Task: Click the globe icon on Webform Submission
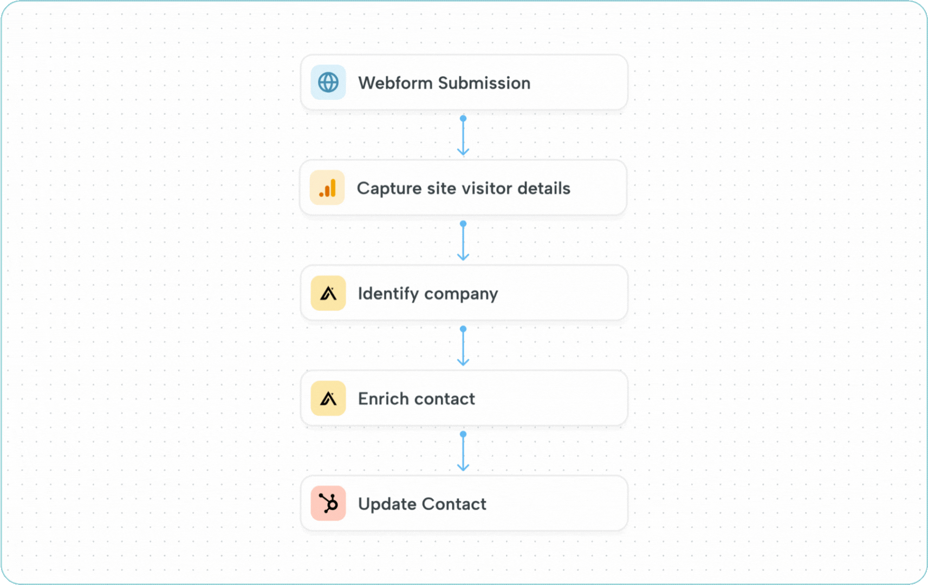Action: pos(328,82)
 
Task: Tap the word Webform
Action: pos(395,83)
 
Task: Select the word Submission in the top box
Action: pos(484,83)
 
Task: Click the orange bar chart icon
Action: pos(327,188)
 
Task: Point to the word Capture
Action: pos(389,188)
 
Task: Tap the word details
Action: pos(543,188)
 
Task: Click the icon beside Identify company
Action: pos(328,293)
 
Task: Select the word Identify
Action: pos(388,294)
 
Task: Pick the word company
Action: pos(461,294)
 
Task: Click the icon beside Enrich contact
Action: pos(328,399)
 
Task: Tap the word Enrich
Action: pos(384,399)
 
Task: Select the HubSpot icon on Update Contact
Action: pos(328,503)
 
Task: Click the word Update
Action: pos(387,504)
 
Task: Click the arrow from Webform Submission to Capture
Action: pos(463,136)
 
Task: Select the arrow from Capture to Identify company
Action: pos(463,241)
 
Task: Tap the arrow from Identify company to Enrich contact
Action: pos(463,347)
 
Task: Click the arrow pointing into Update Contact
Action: pos(463,452)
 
